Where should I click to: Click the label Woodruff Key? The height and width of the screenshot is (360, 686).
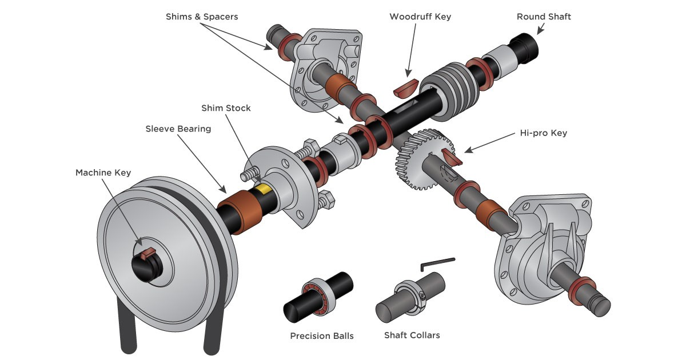click(x=420, y=17)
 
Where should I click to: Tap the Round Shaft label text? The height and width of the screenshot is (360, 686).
click(x=544, y=17)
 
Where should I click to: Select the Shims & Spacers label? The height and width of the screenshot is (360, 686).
click(x=202, y=17)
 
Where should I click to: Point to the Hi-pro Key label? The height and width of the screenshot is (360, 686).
click(x=543, y=133)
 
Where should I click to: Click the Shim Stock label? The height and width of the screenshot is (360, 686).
click(x=226, y=108)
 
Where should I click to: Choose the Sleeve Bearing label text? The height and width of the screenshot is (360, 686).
click(x=178, y=129)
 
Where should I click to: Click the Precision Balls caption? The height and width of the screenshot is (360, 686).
click(x=322, y=335)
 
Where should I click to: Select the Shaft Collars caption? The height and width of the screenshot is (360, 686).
click(x=412, y=335)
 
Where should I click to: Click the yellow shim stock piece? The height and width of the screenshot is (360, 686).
click(x=264, y=189)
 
